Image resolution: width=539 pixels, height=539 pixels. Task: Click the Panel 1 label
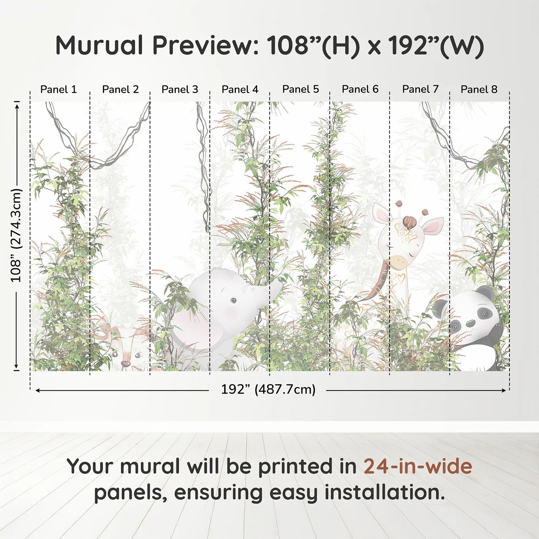(59, 89)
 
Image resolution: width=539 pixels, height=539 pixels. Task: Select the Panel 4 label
(240, 89)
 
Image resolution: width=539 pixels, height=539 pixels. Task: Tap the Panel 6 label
(360, 89)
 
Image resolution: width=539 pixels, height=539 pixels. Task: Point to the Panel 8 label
(479, 89)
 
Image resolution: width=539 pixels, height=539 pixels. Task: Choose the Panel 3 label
(180, 89)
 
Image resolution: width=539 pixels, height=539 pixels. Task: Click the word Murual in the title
(99, 45)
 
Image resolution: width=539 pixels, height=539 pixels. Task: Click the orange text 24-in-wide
(418, 466)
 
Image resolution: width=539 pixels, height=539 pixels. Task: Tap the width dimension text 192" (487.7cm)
(268, 389)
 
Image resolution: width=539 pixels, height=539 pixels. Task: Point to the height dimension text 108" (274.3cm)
(16, 235)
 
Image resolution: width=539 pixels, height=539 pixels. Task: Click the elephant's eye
(233, 300)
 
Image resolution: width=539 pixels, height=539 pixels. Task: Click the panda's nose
(470, 324)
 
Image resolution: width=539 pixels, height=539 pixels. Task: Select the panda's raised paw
(497, 330)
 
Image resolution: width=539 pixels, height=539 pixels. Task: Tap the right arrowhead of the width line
(504, 390)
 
